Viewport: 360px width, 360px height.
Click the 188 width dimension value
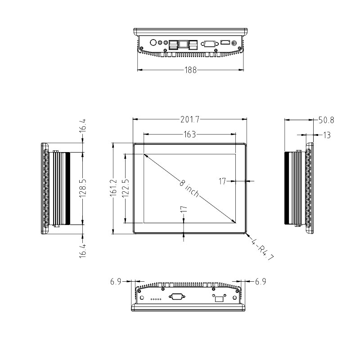[x=190, y=70]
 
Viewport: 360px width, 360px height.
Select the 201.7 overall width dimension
[x=190, y=119]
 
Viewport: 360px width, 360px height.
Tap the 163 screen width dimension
[x=190, y=134]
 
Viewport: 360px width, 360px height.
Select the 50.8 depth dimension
[x=326, y=120]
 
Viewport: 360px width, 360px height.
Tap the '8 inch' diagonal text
[x=189, y=188]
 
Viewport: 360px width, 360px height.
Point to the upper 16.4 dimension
[x=83, y=126]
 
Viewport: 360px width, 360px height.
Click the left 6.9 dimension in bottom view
[x=116, y=282]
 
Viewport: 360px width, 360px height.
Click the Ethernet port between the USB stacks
[x=184, y=44]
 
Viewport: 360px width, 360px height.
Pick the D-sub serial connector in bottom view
[x=176, y=297]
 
